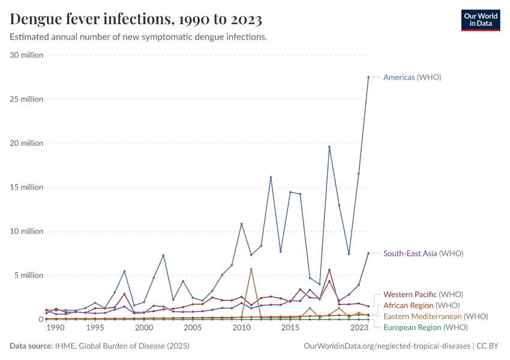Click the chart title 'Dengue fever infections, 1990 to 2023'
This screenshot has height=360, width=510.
coord(136,20)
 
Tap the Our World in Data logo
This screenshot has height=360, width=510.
coord(480,20)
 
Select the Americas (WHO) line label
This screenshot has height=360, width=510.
coord(412,77)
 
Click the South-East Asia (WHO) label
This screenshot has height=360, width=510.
coord(423,254)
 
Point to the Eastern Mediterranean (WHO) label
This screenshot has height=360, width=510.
coord(436,316)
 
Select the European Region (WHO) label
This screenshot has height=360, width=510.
coord(425,328)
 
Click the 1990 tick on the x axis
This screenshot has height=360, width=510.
coord(55,328)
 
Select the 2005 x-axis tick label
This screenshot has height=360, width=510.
coord(193,328)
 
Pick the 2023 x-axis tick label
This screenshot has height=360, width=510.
coord(359,328)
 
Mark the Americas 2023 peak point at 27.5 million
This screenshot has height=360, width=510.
coord(368,77)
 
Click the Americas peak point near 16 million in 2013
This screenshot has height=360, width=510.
coord(271,177)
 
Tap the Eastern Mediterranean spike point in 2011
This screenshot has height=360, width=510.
coord(251,269)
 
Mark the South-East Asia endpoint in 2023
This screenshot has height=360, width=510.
coord(368,253)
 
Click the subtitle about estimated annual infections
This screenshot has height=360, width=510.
coord(139,37)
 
